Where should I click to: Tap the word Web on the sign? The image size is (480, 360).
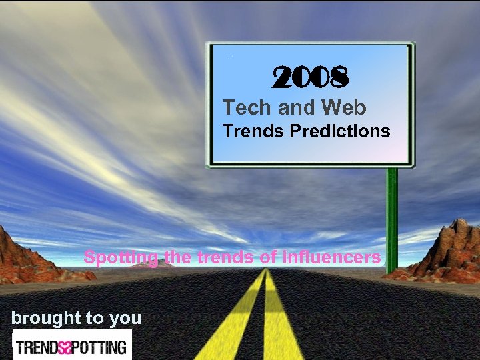344,107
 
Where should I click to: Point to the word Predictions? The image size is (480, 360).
340,131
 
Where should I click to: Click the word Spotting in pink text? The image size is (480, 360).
120,257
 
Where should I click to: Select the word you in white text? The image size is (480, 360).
125,319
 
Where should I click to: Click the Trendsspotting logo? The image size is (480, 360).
71,347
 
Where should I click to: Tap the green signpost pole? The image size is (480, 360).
392,213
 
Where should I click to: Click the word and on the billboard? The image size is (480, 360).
295,107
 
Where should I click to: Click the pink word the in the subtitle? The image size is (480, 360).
177,257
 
